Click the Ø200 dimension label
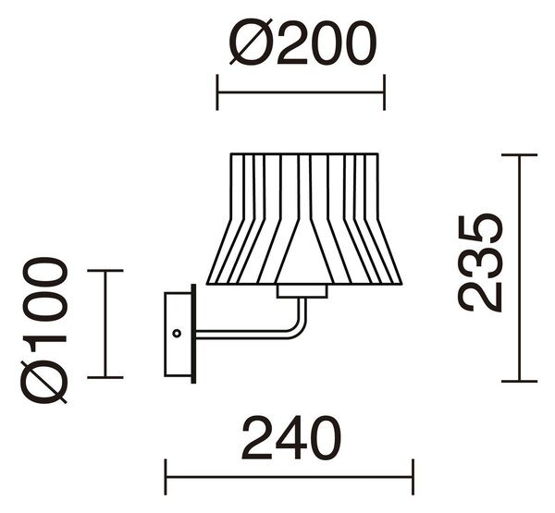point(302,43)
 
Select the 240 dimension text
point(291,438)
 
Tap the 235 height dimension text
point(481,263)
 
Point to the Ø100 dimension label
point(43,330)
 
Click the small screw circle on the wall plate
point(177,334)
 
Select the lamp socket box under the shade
point(302,291)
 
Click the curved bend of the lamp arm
point(300,327)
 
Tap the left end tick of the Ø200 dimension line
point(217,92)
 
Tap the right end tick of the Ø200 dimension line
point(384,92)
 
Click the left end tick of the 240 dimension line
point(166,477)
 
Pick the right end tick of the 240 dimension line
point(413,477)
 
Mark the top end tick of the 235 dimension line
point(519,155)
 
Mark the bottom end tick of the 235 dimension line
point(519,382)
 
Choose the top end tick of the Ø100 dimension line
point(105,270)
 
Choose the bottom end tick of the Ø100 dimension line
point(105,377)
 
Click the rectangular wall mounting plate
point(179,334)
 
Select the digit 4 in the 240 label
point(291,438)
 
